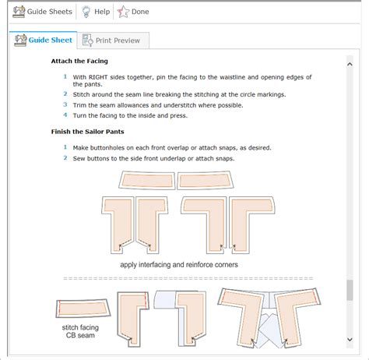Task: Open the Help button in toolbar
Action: pyautogui.click(x=95, y=12)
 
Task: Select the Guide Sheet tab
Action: pyautogui.click(x=45, y=41)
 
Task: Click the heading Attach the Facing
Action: pyautogui.click(x=79, y=61)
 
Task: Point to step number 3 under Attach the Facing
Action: pyautogui.click(x=65, y=104)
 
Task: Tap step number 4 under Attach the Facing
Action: pyautogui.click(x=65, y=115)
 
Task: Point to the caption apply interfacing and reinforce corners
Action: pyautogui.click(x=179, y=265)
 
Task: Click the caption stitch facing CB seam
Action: pyautogui.click(x=80, y=334)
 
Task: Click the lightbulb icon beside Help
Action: pyautogui.click(x=86, y=12)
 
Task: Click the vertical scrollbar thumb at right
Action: pyautogui.click(x=350, y=290)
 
